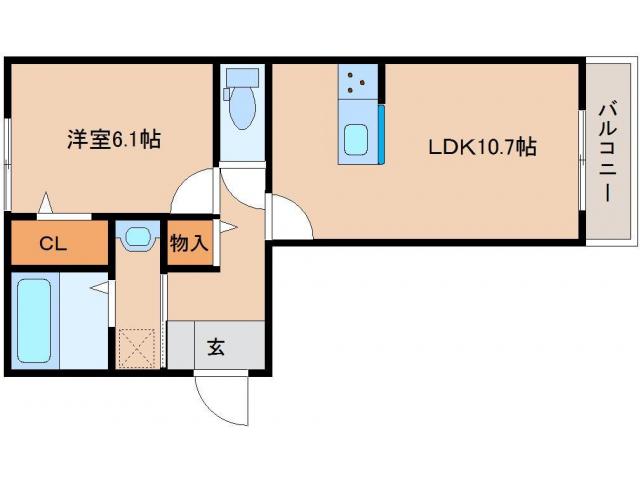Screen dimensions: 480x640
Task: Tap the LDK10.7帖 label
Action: pyautogui.click(x=483, y=147)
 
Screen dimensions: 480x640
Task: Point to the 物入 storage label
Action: pyautogui.click(x=188, y=244)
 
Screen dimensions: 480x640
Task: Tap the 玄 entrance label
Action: pyautogui.click(x=216, y=347)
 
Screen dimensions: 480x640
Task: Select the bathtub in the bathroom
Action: pyautogui.click(x=33, y=322)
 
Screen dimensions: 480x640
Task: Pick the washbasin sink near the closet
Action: pyautogui.click(x=137, y=239)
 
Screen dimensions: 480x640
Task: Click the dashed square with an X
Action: pyautogui.click(x=138, y=347)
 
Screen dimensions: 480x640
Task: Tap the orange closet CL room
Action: pyautogui.click(x=58, y=243)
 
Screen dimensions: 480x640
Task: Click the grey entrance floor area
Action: pyautogui.click(x=216, y=346)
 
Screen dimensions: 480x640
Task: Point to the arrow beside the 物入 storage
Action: pyautogui.click(x=227, y=229)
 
